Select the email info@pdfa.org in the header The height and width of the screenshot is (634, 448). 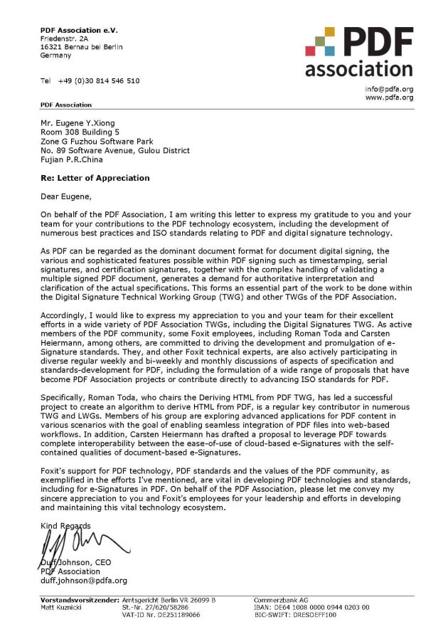[x=389, y=89]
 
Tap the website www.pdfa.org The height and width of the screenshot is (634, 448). [x=389, y=97]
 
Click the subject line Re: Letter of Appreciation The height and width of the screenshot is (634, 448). [x=95, y=178]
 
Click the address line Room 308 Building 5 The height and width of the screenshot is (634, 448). [x=80, y=132]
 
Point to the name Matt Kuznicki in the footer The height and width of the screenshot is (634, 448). [x=63, y=607]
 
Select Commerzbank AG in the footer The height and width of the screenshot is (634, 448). [x=282, y=600]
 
